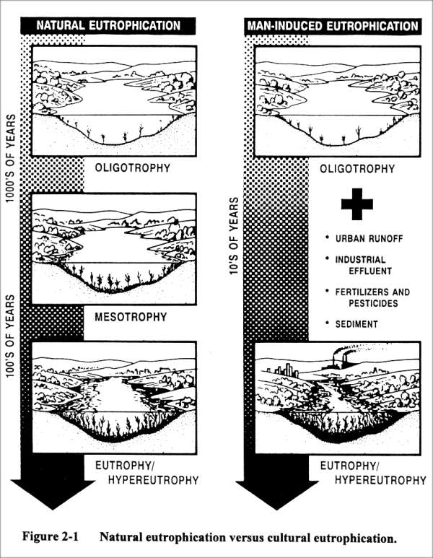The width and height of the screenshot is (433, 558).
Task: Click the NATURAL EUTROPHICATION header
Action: pos(108,26)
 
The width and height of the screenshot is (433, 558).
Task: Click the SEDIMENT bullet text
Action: pos(354,324)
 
